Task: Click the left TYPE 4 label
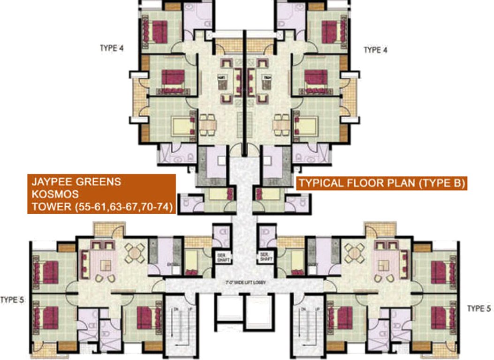tap(112, 48)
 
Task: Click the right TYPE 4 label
tap(375, 50)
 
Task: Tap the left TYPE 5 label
tap(12, 300)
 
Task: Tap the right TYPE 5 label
tap(479, 308)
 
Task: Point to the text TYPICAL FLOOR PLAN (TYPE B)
tap(382, 183)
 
